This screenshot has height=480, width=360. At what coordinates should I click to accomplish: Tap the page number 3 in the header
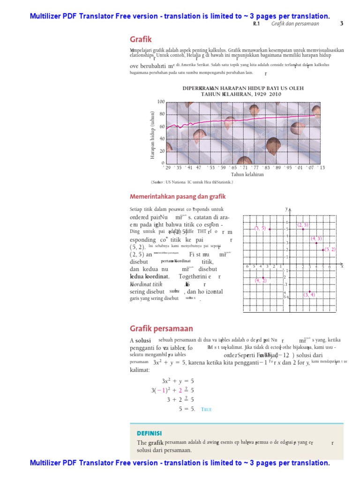341,23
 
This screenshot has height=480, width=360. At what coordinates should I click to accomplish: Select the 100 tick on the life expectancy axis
161,102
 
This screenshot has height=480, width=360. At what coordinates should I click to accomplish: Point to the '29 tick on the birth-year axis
166,167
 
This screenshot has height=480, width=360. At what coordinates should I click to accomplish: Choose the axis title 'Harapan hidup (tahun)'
152,135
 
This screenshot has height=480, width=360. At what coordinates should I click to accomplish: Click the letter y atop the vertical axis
286,208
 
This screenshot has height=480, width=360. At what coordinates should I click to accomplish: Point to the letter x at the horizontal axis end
342,266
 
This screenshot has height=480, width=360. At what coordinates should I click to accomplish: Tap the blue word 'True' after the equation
207,409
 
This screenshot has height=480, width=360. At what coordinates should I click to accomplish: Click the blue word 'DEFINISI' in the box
149,433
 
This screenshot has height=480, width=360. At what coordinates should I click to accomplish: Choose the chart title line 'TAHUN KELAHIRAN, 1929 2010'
241,94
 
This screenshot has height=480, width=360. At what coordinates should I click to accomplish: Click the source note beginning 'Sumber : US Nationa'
192,182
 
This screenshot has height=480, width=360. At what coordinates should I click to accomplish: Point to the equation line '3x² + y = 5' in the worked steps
178,381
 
